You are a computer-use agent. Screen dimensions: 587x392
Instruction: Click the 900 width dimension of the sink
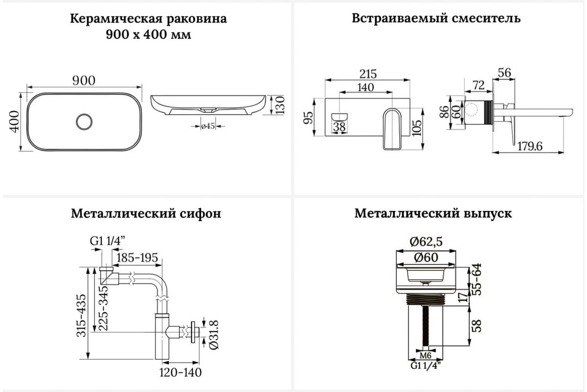(84, 81)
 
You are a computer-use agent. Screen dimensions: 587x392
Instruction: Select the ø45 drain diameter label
(208, 126)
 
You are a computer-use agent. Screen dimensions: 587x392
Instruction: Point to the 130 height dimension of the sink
(280, 105)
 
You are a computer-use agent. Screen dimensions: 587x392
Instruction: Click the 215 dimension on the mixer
(368, 74)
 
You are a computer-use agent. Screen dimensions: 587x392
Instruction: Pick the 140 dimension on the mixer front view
(365, 87)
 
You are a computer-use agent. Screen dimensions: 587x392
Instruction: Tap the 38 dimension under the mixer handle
(339, 127)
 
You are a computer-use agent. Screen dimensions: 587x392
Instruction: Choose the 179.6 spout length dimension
(530, 146)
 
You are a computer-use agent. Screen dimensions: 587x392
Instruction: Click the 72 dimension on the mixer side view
(478, 85)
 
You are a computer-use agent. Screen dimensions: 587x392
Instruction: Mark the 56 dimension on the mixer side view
(504, 73)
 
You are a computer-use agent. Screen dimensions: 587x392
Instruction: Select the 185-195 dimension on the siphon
(137, 258)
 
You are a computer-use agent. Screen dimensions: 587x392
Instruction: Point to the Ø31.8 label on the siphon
(214, 335)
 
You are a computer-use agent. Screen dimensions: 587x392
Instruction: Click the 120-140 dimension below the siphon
(181, 372)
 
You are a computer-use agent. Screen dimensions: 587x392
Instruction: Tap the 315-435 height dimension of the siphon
(81, 316)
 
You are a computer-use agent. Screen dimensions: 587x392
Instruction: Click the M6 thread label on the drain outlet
(425, 356)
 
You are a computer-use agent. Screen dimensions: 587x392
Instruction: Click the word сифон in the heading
(200, 214)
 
